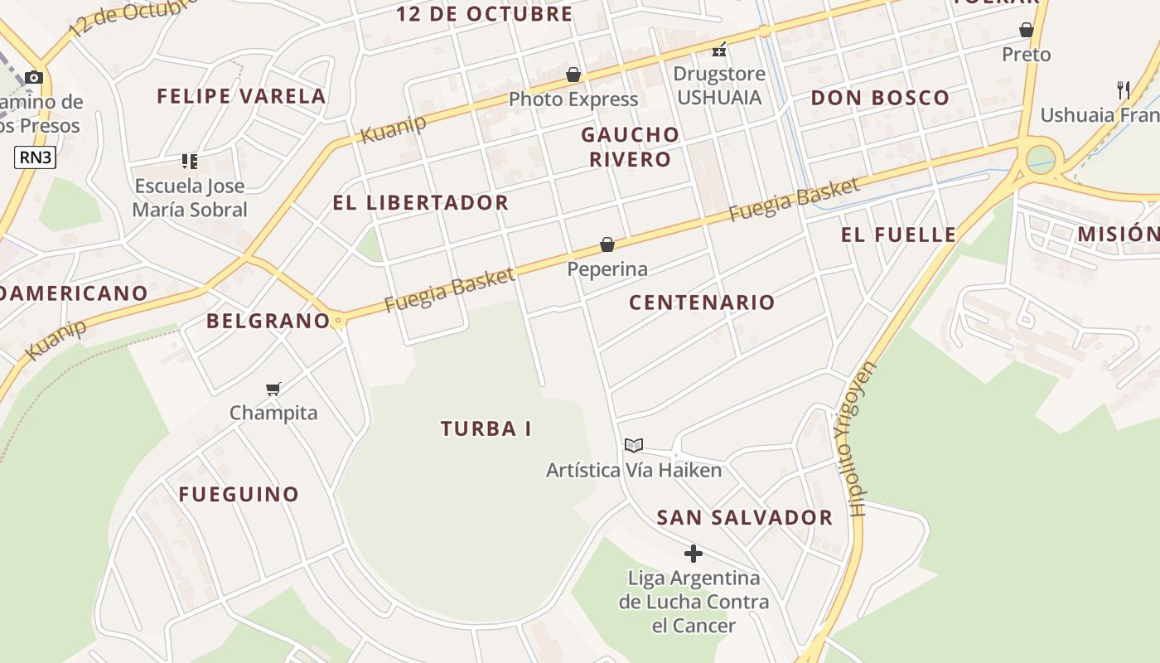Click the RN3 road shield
[35, 157]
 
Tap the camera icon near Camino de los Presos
[33, 77]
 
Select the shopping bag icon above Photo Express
[573, 75]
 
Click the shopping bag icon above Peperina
[607, 244]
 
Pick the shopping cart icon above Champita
[273, 389]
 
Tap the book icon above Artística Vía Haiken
[634, 446]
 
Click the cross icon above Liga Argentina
[694, 554]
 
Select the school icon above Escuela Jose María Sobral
[190, 162]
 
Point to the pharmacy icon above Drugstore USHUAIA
[719, 50]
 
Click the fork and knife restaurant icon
[1123, 90]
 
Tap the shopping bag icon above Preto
[1027, 31]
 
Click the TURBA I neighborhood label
[486, 429]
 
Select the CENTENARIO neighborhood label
[702, 302]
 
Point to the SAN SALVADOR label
[744, 518]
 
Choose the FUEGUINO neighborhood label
[239, 495]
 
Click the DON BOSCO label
[880, 98]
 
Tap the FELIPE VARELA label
[241, 96]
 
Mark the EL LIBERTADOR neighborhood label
[420, 203]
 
